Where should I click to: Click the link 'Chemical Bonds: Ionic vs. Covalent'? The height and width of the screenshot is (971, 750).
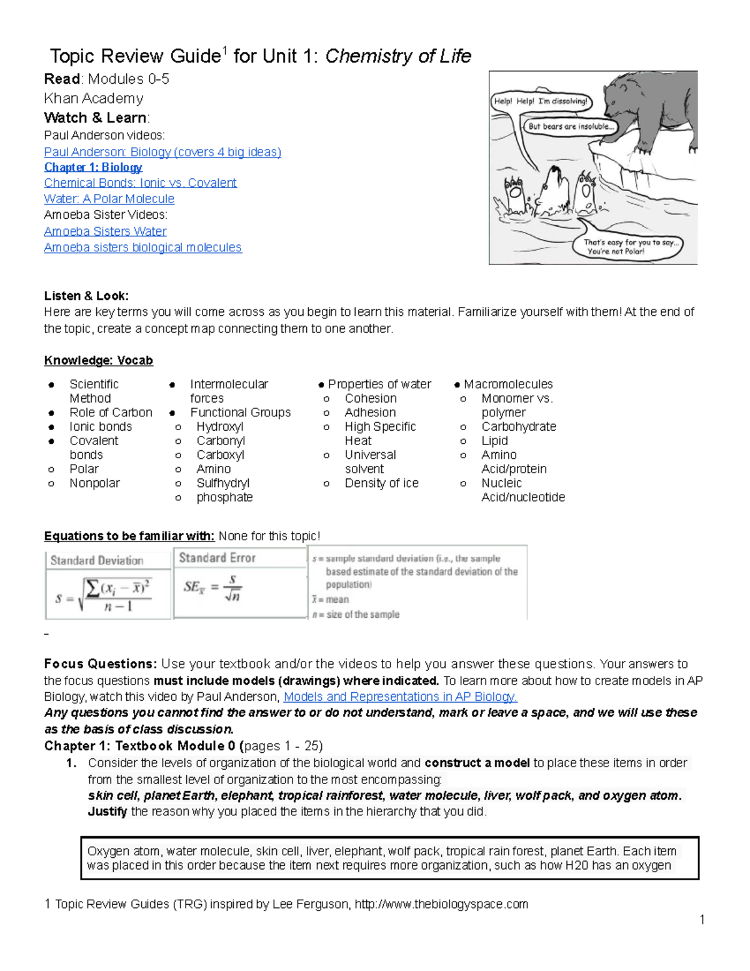[140, 183]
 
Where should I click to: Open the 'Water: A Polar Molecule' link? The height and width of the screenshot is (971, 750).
[109, 199]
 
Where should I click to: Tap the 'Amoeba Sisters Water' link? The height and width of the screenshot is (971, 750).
[105, 231]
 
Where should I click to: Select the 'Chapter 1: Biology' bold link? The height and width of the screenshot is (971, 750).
[93, 167]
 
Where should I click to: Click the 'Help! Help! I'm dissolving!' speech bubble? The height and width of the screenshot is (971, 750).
[541, 101]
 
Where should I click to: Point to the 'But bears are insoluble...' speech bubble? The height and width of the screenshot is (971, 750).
[571, 126]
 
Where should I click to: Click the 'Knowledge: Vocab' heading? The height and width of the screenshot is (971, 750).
[98, 361]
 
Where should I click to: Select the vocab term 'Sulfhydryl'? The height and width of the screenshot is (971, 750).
[222, 483]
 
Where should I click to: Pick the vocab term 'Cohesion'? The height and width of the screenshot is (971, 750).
[371, 398]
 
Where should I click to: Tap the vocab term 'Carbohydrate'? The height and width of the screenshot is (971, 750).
[518, 426]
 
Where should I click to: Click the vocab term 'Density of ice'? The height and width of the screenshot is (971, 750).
[381, 483]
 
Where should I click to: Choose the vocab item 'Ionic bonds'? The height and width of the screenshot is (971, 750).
[101, 426]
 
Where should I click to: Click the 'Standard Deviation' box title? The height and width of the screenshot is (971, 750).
[97, 560]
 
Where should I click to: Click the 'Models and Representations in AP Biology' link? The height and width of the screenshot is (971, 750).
[400, 697]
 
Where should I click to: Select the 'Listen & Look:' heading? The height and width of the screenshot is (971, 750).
[86, 296]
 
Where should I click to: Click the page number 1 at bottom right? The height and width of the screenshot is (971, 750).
[702, 919]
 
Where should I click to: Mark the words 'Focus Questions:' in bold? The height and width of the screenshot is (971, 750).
[100, 664]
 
